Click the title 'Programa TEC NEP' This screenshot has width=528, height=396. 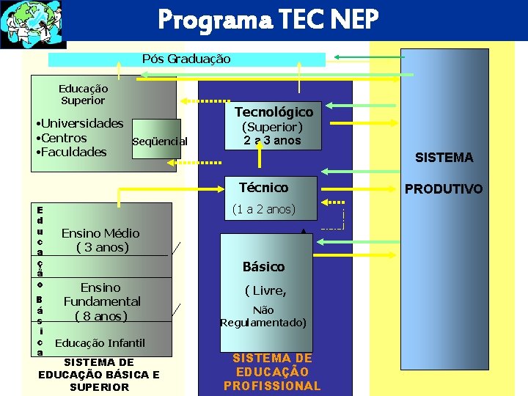click(x=268, y=21)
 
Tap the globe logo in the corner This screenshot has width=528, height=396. click(x=33, y=24)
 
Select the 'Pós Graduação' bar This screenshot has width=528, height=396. click(x=186, y=59)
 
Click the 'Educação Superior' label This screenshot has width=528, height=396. click(x=83, y=95)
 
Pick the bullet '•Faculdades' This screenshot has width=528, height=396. click(x=71, y=152)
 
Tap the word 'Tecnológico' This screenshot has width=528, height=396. click(x=274, y=111)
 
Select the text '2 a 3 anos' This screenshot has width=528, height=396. click(x=272, y=140)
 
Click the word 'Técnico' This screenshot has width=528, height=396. click(x=263, y=187)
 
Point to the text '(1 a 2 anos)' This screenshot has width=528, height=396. click(x=263, y=209)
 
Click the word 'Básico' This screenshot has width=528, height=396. click(x=263, y=266)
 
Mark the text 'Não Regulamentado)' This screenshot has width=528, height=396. click(x=263, y=316)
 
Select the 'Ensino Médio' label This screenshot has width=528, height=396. click(x=100, y=233)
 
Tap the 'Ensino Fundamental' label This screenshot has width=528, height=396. click(x=101, y=301)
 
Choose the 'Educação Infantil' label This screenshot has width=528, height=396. click(x=100, y=342)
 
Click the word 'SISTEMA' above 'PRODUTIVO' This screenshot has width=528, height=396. click(x=444, y=157)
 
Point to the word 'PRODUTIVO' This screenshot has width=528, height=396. click(x=444, y=189)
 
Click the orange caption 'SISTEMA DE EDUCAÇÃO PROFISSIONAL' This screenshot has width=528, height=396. click(x=272, y=372)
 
